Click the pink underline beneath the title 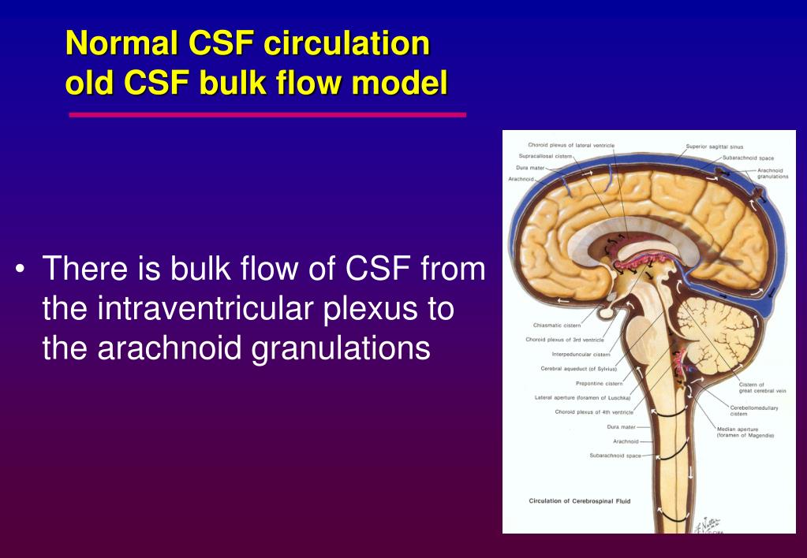click(267, 114)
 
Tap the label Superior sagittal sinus click(714, 147)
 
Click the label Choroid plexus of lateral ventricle click(571, 145)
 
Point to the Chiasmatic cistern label click(556, 325)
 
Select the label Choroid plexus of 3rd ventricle click(564, 340)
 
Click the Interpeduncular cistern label click(581, 354)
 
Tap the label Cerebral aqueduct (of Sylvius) click(578, 369)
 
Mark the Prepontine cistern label click(599, 383)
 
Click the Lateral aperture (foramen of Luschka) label click(582, 397)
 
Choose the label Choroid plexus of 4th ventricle click(593, 411)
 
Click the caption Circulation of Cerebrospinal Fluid click(579, 500)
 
